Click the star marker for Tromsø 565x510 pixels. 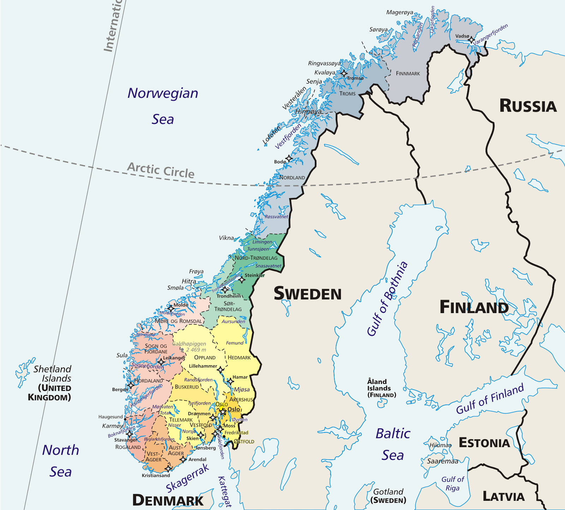pyautogui.click(x=344, y=73)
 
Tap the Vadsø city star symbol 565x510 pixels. pyautogui.click(x=471, y=40)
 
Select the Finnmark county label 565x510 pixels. pyautogui.click(x=408, y=73)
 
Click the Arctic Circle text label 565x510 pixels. pyautogui.click(x=161, y=170)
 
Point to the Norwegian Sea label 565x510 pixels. pyautogui.click(x=163, y=106)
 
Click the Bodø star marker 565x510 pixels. pyautogui.click(x=289, y=158)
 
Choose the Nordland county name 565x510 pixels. pyautogui.click(x=292, y=178)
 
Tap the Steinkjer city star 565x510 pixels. pyautogui.click(x=242, y=280)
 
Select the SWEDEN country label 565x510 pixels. pyautogui.click(x=308, y=294)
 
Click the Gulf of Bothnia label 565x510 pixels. pyautogui.click(x=387, y=299)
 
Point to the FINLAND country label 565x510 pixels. pyautogui.click(x=474, y=307)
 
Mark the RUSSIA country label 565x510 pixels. pyautogui.click(x=528, y=106)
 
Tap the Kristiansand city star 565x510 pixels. pyautogui.click(x=168, y=469)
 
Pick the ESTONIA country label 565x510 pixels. pyautogui.click(x=484, y=443)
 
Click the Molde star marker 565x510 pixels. pyautogui.click(x=171, y=308)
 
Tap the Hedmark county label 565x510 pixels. pyautogui.click(x=239, y=358)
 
